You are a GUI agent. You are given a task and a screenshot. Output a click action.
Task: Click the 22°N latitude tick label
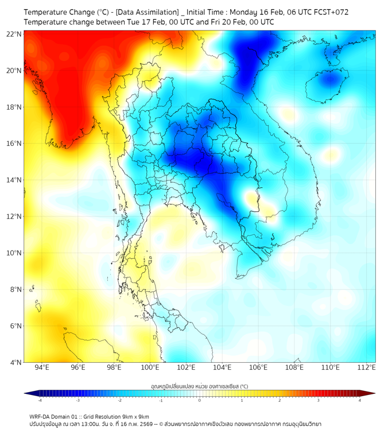14,34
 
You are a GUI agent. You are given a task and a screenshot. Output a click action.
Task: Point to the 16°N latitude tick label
14,144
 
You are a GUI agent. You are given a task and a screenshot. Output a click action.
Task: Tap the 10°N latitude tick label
14,253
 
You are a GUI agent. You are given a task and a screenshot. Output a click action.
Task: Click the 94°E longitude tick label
42,367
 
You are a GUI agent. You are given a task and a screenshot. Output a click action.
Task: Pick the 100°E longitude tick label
150,367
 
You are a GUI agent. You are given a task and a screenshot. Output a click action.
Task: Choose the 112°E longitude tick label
366,367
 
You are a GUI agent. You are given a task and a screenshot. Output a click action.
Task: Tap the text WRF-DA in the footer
41,417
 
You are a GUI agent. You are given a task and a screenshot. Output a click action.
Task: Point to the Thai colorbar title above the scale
200,386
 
